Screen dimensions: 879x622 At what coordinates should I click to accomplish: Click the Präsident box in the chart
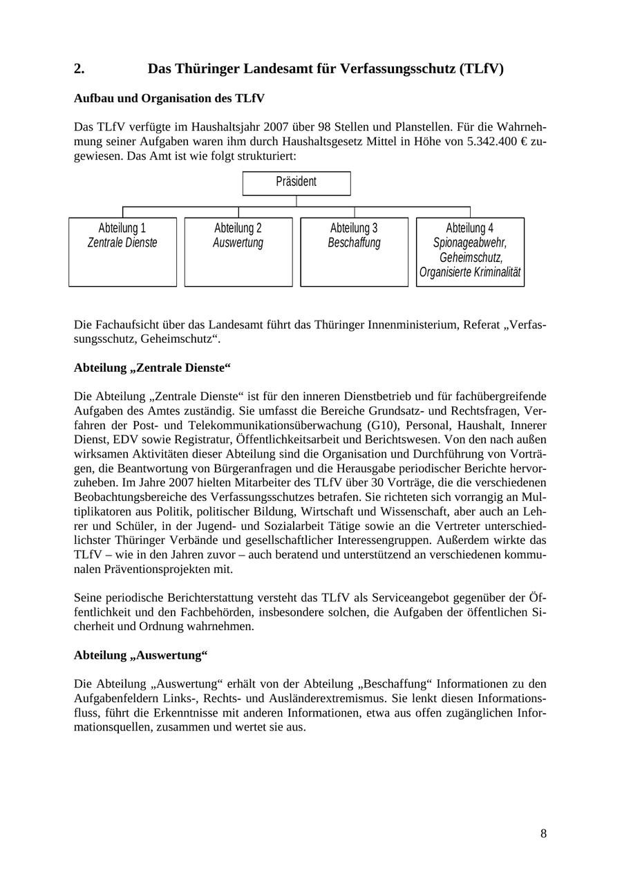point(296,183)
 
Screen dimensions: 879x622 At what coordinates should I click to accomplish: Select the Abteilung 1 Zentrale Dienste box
point(122,252)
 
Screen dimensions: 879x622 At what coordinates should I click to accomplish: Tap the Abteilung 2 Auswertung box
point(238,252)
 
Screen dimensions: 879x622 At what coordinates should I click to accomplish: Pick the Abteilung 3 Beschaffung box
point(354,252)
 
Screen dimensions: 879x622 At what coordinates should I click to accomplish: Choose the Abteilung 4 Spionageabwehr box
point(470,252)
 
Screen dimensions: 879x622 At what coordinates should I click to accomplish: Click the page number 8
point(543,833)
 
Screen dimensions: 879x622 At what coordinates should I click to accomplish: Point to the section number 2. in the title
point(79,69)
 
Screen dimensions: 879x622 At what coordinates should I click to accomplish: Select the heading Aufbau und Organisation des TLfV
point(169,99)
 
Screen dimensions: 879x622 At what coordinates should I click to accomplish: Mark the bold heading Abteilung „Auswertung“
point(141,654)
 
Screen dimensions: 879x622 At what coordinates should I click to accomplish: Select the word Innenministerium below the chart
point(416,325)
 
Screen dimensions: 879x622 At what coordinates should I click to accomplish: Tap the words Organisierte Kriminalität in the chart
point(470,272)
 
